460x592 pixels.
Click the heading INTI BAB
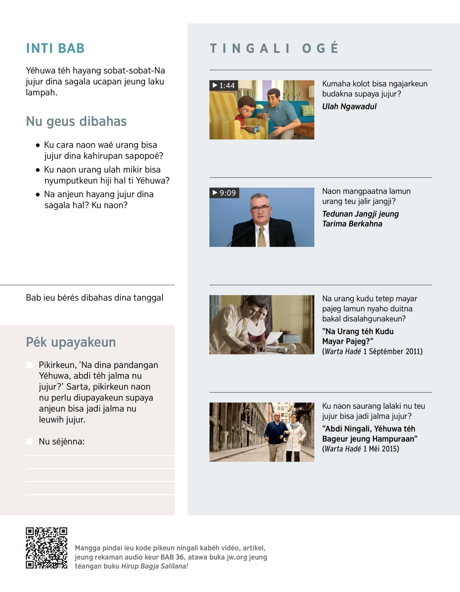(55, 48)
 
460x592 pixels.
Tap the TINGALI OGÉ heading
(274, 48)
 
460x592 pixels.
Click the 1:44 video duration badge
(224, 85)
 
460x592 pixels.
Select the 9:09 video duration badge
(224, 193)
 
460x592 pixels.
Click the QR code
(46, 548)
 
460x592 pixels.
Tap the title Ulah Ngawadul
(349, 106)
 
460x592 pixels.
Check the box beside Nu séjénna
(29, 441)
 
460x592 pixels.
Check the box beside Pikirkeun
(29, 364)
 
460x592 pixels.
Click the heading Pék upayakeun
(71, 342)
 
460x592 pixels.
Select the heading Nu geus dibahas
(76, 121)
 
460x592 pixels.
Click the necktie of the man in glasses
(262, 237)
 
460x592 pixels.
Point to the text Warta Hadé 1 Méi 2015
(361, 449)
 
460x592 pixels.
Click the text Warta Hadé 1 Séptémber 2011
(372, 351)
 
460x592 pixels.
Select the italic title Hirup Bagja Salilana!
(154, 566)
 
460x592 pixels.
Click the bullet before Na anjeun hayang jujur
(38, 195)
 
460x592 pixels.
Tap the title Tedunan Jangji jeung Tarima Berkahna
(360, 219)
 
